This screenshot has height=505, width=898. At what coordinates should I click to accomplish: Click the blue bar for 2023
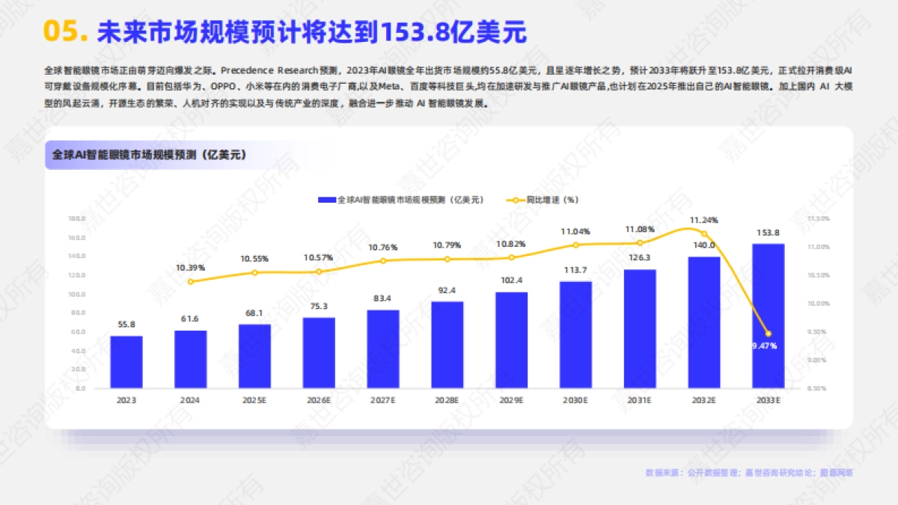(x=126, y=362)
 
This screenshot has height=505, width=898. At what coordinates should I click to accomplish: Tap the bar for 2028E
(x=447, y=345)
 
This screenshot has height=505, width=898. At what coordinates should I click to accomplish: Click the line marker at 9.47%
(x=768, y=334)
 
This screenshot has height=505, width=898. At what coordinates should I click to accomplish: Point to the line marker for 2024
(x=190, y=281)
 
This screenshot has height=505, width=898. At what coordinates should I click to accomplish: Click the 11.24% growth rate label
(x=703, y=220)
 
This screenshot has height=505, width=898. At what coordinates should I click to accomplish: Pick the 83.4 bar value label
(x=382, y=299)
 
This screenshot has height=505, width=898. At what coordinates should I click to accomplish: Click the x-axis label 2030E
(x=575, y=401)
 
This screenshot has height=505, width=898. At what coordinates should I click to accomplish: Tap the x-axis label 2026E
(x=319, y=401)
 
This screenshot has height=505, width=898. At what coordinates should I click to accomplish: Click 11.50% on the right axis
(x=819, y=218)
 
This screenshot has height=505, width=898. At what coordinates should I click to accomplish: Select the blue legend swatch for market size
(x=326, y=200)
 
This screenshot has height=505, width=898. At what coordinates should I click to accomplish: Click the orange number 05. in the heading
(x=67, y=32)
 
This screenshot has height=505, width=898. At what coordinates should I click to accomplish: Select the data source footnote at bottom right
(x=748, y=472)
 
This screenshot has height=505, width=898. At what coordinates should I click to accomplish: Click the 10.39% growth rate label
(x=190, y=267)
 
